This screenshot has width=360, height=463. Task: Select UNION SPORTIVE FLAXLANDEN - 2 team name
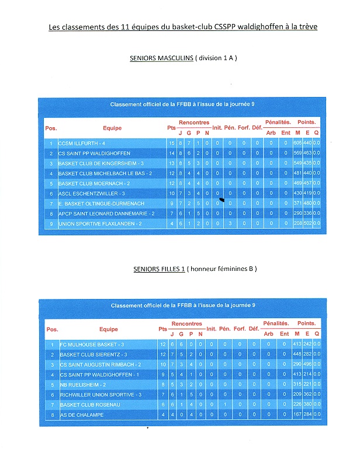[x=100, y=223]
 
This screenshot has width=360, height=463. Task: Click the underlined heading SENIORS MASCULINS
[x=161, y=58]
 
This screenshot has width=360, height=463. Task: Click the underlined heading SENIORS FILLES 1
[x=160, y=269]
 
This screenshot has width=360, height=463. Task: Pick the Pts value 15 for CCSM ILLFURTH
[x=171, y=143]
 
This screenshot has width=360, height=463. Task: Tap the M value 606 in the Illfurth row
[x=297, y=143]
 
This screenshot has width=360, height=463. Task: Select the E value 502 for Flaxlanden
[x=307, y=223]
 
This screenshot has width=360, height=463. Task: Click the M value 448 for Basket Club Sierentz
[x=297, y=354]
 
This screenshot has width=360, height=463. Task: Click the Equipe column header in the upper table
[x=112, y=128]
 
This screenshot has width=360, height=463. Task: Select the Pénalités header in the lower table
[x=278, y=323]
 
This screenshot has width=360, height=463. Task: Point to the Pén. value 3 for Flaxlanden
[x=230, y=223]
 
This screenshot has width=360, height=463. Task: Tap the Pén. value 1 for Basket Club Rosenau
[x=225, y=404]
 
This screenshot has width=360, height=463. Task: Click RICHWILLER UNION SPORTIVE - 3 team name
[x=99, y=394]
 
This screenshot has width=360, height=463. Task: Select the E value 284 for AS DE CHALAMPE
[x=307, y=414]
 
